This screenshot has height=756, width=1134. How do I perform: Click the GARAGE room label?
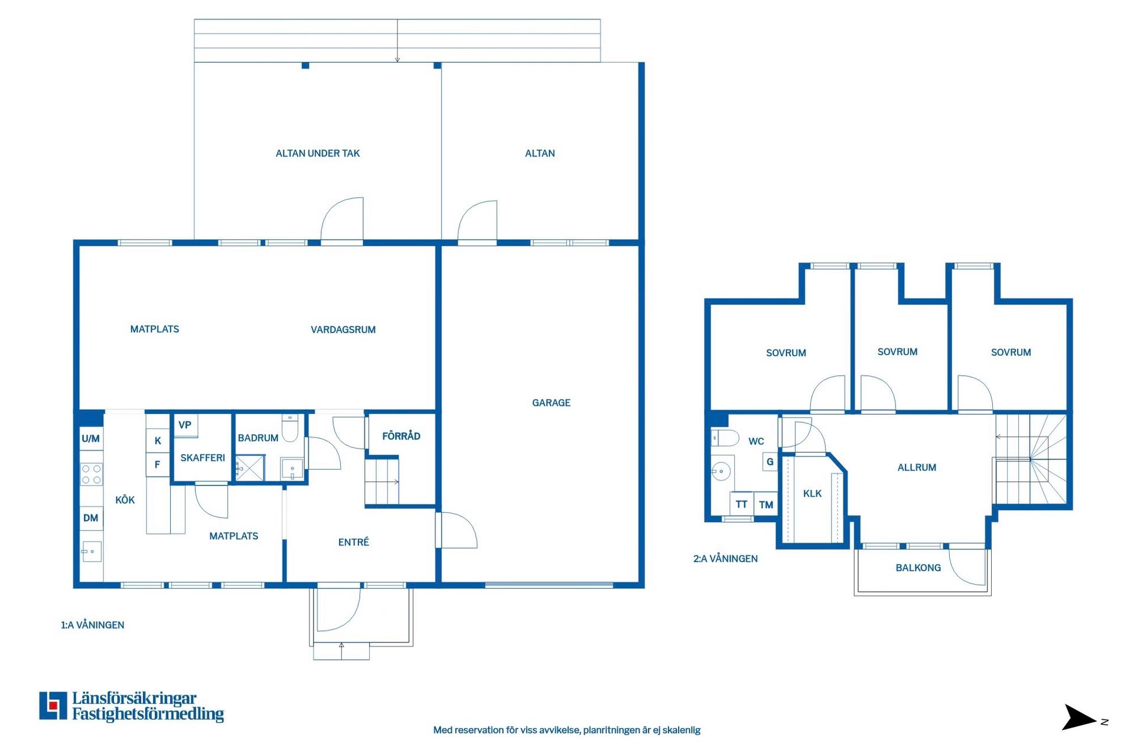pos(551,403)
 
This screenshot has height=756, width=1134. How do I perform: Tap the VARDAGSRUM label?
pos(343,330)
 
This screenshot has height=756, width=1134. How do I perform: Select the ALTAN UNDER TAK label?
pos(318,154)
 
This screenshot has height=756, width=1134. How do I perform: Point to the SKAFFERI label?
pos(203,458)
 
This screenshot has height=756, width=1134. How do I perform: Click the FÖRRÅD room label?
pos(401,436)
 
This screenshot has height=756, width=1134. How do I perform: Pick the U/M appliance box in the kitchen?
pos(91,439)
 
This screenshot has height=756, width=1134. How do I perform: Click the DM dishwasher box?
pos(91,518)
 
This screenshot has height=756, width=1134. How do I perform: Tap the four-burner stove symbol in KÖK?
pos(92,474)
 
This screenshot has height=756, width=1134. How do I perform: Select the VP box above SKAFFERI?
pos(185,425)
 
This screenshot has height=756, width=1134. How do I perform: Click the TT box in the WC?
pos(742,504)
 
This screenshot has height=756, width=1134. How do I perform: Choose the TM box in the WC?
pos(766,504)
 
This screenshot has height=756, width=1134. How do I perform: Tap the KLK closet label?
pos(812,494)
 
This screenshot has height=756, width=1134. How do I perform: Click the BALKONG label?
pos(918,568)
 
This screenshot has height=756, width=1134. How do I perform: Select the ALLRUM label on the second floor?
pos(917,468)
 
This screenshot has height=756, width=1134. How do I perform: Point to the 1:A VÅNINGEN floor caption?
pos(93,625)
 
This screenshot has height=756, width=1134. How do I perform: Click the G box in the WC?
pos(770,462)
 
